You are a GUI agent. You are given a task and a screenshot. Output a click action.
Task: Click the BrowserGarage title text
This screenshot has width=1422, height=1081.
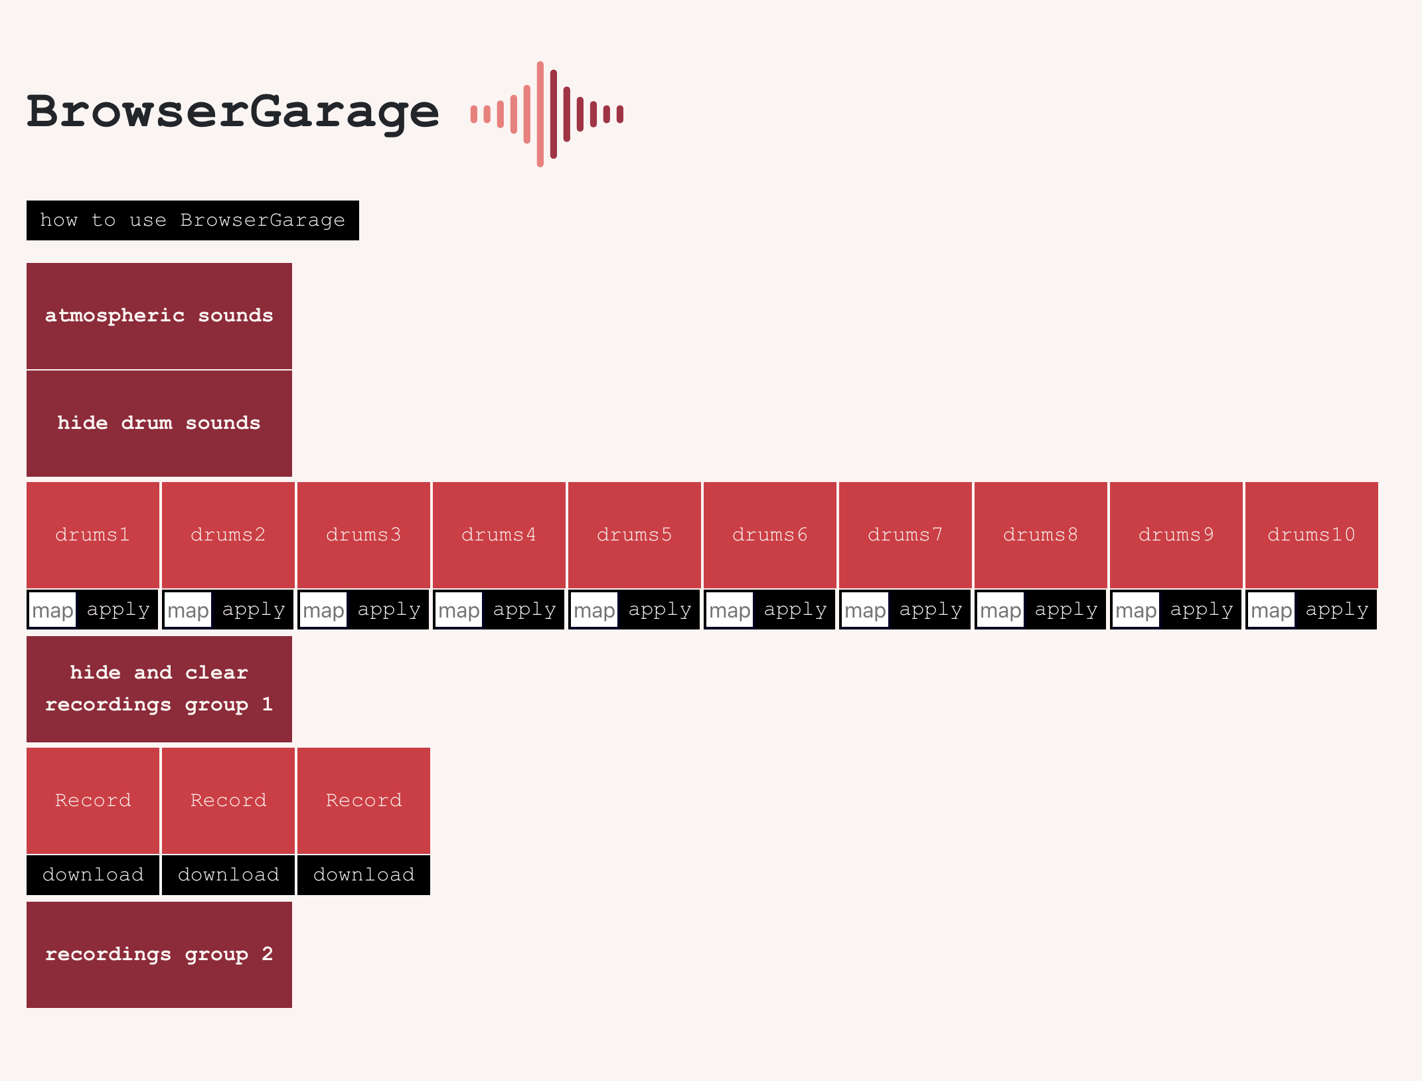point(232,112)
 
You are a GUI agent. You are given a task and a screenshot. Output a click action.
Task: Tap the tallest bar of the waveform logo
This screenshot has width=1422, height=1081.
point(540,114)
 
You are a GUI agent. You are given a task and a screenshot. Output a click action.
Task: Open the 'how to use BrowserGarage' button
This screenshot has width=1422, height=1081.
point(193,220)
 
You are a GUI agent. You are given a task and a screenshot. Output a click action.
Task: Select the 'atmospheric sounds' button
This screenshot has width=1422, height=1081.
point(159,315)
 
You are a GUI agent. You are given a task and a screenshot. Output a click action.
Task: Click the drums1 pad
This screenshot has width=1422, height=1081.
point(93,535)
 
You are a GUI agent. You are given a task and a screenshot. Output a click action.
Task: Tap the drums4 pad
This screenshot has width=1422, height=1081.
point(499,535)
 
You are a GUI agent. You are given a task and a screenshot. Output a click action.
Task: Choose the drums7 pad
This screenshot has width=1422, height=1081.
point(906,535)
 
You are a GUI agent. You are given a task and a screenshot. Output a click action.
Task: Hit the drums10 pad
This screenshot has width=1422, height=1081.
point(1312,535)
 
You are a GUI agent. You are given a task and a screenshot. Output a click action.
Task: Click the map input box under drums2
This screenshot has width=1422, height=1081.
point(188,610)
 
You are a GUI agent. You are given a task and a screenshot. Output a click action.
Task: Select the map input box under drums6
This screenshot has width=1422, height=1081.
point(730,610)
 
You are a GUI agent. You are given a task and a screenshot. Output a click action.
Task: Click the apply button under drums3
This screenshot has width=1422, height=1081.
point(389,610)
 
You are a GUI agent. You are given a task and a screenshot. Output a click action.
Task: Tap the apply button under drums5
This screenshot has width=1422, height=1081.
point(660,610)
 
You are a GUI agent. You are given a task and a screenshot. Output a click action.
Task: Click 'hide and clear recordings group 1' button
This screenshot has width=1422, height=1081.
point(159,689)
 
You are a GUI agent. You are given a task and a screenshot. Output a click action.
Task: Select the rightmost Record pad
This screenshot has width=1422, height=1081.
point(364,800)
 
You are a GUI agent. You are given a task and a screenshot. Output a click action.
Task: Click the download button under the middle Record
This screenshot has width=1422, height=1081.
point(228,874)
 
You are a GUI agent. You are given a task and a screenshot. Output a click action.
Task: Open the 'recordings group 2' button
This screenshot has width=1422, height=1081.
point(159,954)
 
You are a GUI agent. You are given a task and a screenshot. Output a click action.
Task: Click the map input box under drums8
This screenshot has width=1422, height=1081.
point(1000,610)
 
